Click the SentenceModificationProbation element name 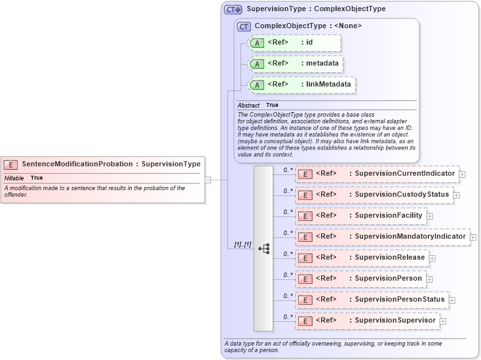[76, 164]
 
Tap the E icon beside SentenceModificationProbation [10, 165]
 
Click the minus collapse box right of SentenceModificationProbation [208, 178]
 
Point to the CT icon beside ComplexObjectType [244, 26]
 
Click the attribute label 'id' [309, 43]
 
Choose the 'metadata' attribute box [296, 64]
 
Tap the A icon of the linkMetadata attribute [258, 85]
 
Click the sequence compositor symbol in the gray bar [263, 249]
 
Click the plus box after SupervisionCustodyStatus [456, 195]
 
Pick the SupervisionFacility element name [389, 216]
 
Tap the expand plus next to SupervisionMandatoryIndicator [473, 237]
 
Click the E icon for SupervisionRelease [304, 258]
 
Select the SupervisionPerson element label [388, 279]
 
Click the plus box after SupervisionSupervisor [443, 321]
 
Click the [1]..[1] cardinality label [242, 245]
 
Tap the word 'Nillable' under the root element [14, 178]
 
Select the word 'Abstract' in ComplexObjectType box [248, 105]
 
